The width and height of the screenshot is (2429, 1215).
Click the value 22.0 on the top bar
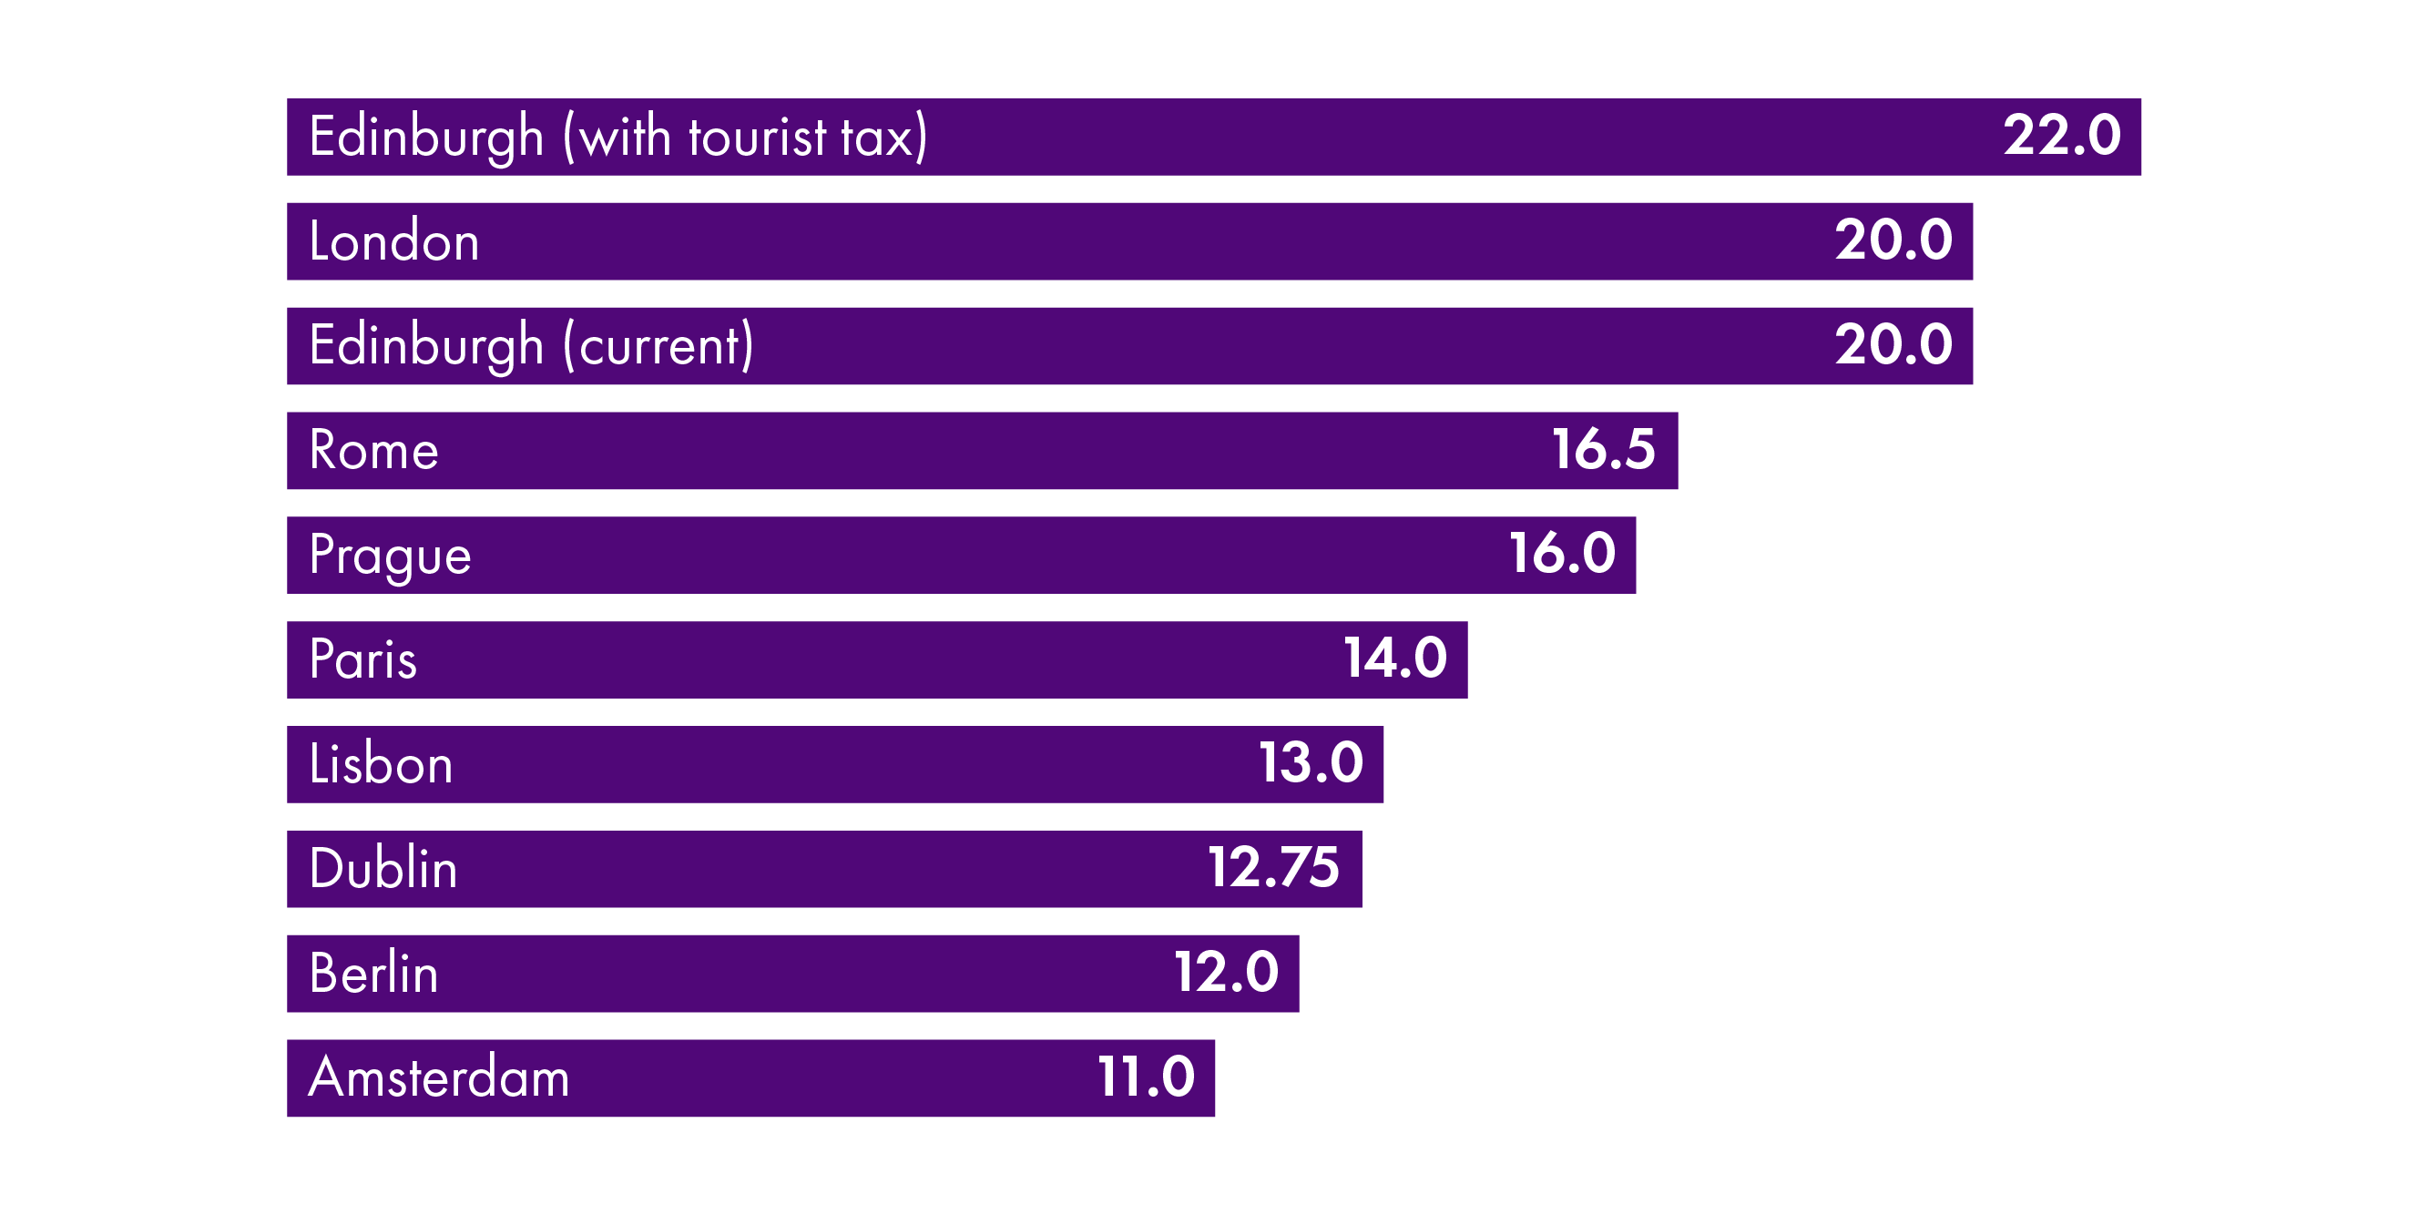pos(2061,136)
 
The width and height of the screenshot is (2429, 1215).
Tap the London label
pos(394,241)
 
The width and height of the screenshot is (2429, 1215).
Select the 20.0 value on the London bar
pos(1893,240)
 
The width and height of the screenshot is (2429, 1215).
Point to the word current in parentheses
pos(659,346)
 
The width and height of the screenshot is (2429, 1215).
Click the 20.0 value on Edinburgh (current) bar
pos(1893,345)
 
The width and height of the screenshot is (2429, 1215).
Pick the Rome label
pos(373,450)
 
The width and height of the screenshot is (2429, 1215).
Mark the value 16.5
pos(1603,450)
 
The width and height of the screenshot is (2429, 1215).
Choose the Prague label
pos(390,556)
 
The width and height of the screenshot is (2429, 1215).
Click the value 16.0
pos(1561,555)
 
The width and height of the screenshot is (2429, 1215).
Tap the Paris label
pos(362,659)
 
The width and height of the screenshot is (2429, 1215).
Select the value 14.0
pos(1394,659)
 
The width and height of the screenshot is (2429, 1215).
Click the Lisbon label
pos(381,764)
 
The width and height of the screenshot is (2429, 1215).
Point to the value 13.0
pos(1311,764)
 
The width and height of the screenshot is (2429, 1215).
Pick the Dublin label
pos(383,869)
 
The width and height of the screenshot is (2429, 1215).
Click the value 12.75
pos(1273,869)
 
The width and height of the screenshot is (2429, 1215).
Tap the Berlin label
pos(373,974)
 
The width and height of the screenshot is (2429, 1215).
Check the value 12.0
pos(1226,974)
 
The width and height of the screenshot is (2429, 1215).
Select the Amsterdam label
pos(439,1078)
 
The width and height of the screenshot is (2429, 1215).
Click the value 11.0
pos(1146,1078)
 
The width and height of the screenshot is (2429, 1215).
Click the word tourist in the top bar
pos(757,138)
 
